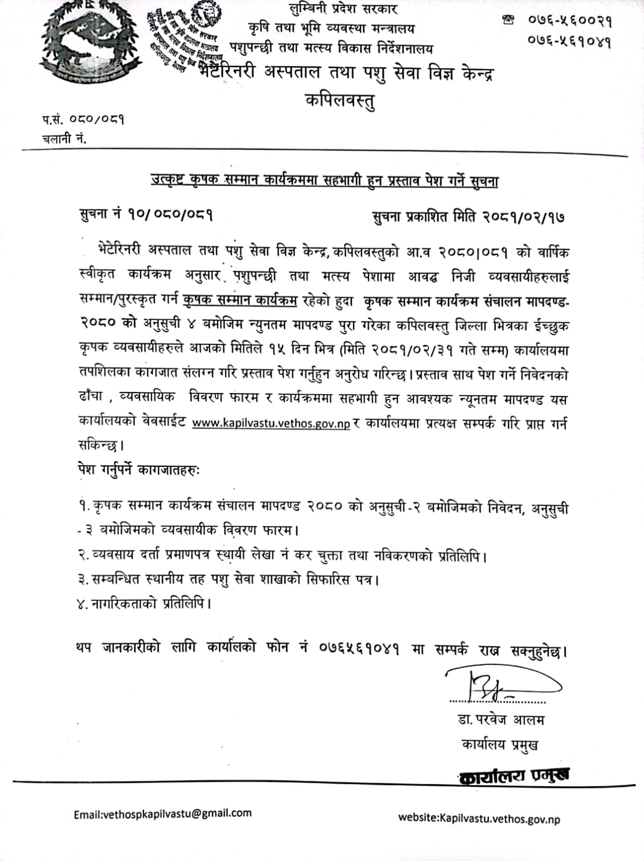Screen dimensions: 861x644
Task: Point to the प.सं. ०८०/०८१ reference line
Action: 83,119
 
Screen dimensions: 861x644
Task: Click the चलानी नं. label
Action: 64,138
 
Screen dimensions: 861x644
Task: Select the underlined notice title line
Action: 324,181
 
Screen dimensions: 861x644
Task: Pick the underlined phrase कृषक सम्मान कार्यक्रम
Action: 240,300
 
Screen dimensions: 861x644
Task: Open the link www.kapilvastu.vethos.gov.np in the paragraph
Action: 271,424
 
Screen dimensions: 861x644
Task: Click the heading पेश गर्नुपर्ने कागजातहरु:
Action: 138,470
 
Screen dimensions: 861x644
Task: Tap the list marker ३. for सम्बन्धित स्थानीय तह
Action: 83,579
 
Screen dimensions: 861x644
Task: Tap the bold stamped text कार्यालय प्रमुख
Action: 515,775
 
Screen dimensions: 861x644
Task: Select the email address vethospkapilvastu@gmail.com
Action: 163,814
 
